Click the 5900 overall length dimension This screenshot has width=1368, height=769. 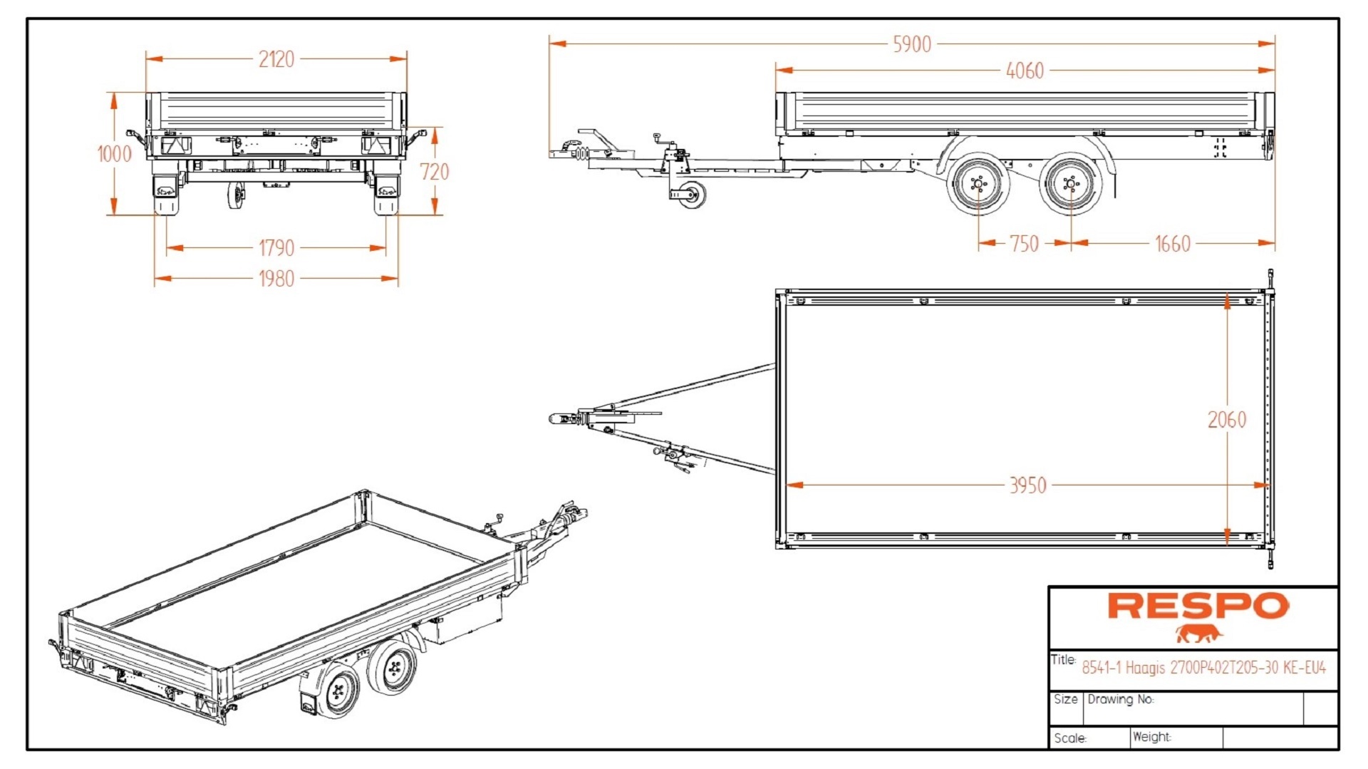pos(911,44)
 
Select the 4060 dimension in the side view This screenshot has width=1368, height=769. pos(1025,71)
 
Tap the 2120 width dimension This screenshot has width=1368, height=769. pos(276,59)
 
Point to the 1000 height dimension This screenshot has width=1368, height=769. pos(114,154)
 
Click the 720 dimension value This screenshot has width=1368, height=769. pos(434,172)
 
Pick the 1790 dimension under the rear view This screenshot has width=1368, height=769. pos(276,248)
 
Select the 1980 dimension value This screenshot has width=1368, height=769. pos(276,279)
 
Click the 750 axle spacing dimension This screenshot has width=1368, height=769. pos(1024,244)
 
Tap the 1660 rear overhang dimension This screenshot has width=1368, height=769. pos(1172,244)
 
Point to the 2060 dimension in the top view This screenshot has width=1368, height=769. pos(1226,420)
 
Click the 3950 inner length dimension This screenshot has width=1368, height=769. pos(1027,485)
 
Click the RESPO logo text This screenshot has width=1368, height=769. pos(1198,607)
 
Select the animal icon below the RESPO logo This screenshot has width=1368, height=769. pos(1198,633)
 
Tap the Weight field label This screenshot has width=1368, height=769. pos(1151,736)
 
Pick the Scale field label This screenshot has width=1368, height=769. pos(1069,738)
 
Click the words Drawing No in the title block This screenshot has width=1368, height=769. pos(1120,699)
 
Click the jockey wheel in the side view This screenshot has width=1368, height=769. pos(690,194)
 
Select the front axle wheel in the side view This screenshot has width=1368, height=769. pos(978,185)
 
